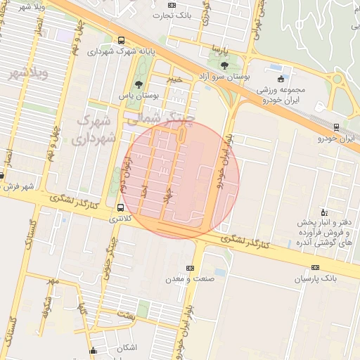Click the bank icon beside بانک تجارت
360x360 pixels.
154,13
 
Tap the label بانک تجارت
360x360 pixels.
176,13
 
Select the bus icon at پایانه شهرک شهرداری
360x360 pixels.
122,41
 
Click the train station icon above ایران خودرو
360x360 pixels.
337,127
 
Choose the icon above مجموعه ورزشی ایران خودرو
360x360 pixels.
281,79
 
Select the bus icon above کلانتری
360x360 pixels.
122,207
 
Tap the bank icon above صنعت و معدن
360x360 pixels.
190,268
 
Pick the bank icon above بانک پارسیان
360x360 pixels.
315,267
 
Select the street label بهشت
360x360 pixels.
127,316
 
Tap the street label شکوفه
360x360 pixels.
47,307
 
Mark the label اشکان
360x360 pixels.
124,348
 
